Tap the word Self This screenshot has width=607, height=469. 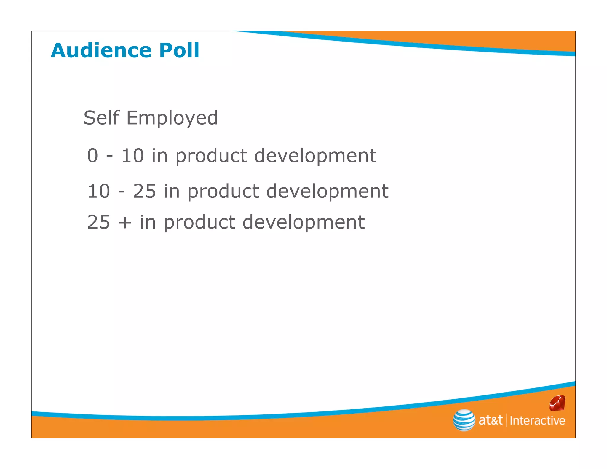click(101, 118)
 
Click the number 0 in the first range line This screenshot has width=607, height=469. click(92, 156)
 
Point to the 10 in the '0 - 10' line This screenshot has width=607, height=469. click(132, 156)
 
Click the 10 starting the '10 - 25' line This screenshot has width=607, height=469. click(99, 191)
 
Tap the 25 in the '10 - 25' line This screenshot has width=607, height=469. click(144, 191)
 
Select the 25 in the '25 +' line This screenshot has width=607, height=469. click(99, 222)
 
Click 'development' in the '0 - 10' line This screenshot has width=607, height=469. click(315, 156)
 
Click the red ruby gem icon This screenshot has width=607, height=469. click(557, 403)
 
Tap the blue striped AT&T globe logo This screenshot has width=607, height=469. click(464, 420)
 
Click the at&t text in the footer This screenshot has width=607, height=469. click(491, 420)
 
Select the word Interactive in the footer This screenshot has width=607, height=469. click(537, 421)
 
